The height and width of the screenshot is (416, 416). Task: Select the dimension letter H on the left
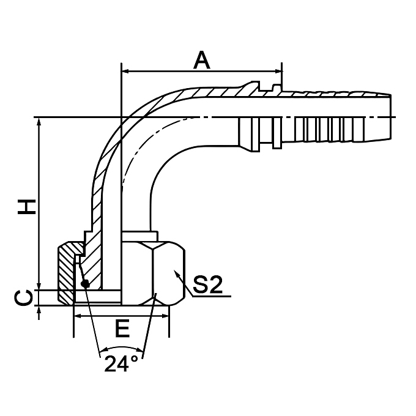(26, 206)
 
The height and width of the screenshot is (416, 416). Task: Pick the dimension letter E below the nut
(122, 330)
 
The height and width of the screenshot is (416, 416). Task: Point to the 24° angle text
(121, 365)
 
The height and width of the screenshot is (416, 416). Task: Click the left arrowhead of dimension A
(126, 72)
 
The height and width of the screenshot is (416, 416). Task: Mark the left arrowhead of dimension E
(78, 316)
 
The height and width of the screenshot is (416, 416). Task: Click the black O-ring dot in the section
(84, 283)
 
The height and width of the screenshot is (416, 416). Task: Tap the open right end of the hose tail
(389, 116)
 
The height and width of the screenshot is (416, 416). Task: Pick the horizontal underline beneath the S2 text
(211, 296)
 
